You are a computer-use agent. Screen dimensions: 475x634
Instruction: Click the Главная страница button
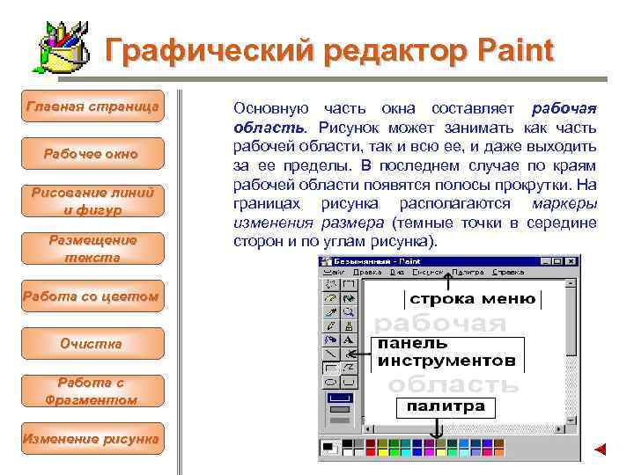pos(92,106)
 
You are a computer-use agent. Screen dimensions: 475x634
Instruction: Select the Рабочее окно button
pos(92,154)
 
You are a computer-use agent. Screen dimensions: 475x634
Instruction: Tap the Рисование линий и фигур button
pos(92,201)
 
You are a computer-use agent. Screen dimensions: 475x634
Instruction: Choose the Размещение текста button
pos(92,249)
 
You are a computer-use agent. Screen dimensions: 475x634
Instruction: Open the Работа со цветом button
pos(92,296)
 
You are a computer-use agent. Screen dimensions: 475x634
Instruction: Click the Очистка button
pos(92,343)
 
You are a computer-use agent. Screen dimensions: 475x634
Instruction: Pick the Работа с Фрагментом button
pos(92,391)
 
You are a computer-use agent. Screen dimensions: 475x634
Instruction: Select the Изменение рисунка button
pos(92,437)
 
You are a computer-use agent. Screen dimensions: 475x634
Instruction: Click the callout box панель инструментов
pos(447,352)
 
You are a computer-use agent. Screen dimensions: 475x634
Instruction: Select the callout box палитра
pos(446,406)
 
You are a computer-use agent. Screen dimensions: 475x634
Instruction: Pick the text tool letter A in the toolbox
pos(349,339)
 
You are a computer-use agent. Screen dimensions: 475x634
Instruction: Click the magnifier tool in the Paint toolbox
pos(349,311)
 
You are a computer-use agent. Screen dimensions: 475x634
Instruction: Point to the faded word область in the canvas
pos(453,384)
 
